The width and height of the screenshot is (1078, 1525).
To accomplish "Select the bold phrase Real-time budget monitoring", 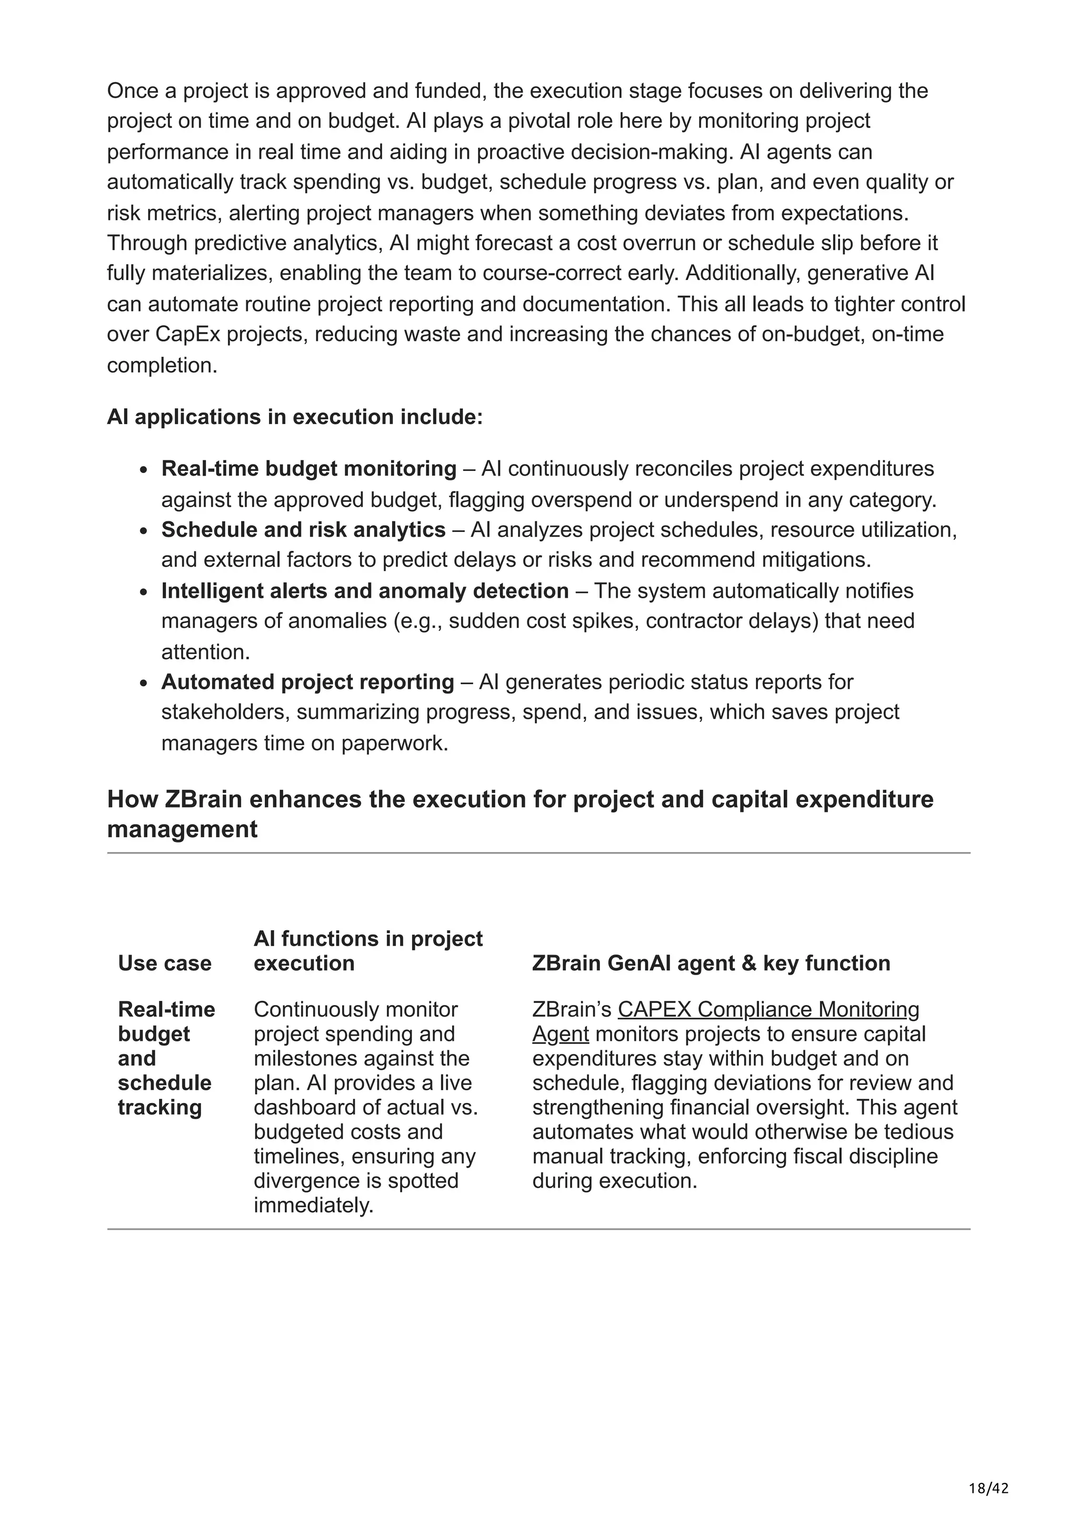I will coord(308,469).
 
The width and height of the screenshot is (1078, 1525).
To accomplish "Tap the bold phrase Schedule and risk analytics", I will coord(303,530).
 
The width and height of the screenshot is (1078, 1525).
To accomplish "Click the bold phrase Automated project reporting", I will coord(307,682).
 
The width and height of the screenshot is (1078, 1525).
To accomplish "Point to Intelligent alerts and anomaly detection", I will coord(365,590).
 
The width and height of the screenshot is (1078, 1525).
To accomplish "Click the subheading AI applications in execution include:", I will coord(295,417).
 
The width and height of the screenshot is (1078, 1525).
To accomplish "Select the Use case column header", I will coord(165,963).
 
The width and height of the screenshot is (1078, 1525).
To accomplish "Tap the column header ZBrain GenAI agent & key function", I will coord(711,963).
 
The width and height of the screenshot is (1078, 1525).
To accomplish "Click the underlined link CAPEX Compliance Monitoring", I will coord(768,1010).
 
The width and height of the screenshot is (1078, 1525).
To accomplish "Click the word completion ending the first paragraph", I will coord(162,365).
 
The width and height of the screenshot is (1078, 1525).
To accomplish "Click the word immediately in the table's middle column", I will coord(314,1206).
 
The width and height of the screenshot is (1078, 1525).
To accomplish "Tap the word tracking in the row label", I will coord(159,1107).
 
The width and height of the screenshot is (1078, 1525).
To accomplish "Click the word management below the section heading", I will coord(182,829).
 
